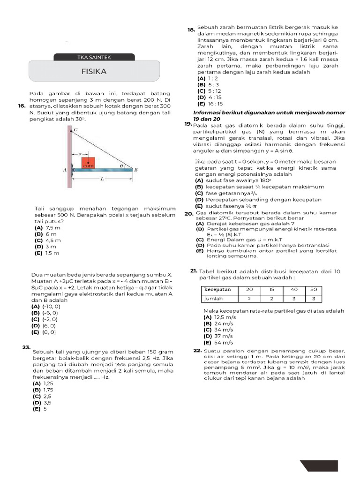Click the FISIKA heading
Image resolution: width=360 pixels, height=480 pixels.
click(x=94, y=72)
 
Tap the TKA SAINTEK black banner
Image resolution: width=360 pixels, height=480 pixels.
click(x=94, y=58)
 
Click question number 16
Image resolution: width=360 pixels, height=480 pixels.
click(x=22, y=106)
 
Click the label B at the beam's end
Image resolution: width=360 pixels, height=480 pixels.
click(x=135, y=171)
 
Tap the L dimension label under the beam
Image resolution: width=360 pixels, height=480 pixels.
click(x=101, y=180)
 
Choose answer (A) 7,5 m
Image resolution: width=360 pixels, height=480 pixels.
click(x=47, y=227)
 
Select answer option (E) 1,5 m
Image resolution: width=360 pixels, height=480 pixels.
click(x=47, y=253)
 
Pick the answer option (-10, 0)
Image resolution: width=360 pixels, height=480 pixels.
click(x=46, y=306)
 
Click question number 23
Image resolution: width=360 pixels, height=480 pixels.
click(x=26, y=347)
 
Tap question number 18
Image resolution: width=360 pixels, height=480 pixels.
click(x=191, y=30)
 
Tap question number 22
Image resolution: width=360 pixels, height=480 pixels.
click(x=197, y=351)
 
